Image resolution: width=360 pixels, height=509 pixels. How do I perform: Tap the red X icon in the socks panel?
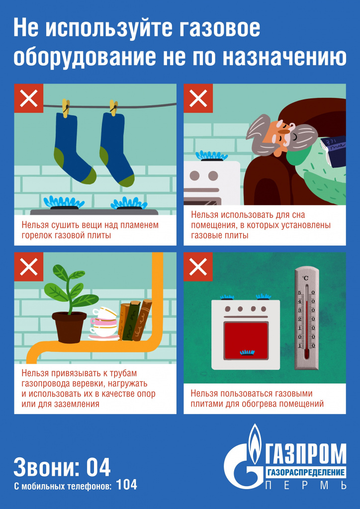(x=29, y=98)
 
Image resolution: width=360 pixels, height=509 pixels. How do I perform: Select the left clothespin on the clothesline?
(x=66, y=108)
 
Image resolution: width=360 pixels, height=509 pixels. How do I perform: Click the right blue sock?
(x=116, y=149)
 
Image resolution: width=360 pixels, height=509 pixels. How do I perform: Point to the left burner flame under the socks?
(x=64, y=202)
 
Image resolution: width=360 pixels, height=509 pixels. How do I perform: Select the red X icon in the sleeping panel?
(x=198, y=98)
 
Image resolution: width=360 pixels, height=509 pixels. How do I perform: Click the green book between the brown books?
(x=131, y=321)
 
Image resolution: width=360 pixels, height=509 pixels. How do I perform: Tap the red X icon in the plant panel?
(x=29, y=267)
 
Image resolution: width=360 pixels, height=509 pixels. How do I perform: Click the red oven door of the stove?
(x=246, y=340)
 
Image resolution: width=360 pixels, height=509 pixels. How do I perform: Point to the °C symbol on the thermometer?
(x=305, y=278)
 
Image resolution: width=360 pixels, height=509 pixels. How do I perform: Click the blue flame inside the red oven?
(x=247, y=352)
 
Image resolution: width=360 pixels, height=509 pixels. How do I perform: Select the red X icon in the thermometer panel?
(x=198, y=267)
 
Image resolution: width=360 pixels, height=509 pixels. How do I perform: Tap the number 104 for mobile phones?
(x=127, y=485)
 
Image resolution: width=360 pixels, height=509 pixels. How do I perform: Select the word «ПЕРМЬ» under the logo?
(x=306, y=486)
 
